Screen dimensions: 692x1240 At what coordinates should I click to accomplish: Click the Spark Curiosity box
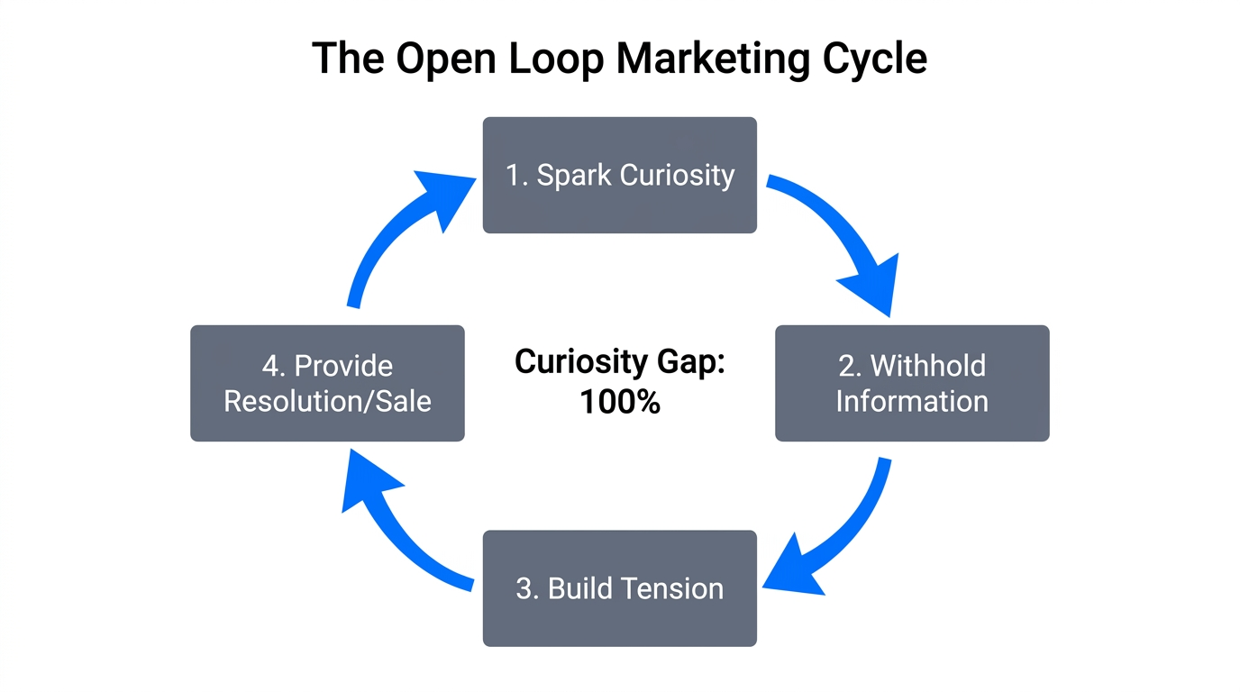620,175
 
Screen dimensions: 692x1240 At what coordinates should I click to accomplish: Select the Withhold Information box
912,383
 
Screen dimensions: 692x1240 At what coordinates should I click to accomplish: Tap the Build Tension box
620,588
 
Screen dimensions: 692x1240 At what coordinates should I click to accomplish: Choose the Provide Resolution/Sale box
327,383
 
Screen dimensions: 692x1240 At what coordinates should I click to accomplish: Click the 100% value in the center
620,402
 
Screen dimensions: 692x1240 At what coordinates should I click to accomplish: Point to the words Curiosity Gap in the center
620,363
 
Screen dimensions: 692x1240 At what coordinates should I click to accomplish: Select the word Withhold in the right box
928,366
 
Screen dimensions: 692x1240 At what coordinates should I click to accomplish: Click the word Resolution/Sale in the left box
327,401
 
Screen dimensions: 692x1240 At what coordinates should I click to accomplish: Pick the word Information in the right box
912,401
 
